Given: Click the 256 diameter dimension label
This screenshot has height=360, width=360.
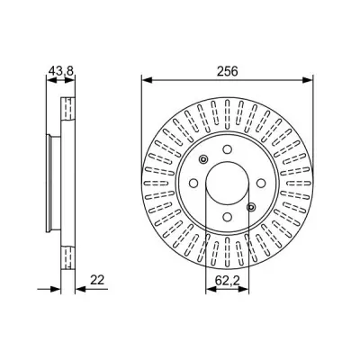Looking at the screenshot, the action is tap(227, 71).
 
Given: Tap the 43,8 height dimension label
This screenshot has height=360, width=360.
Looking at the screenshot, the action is tap(61, 71).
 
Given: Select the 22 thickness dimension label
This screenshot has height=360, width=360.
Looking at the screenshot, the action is tap(97, 280).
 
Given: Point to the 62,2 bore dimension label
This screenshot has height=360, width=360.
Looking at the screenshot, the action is tap(227, 281).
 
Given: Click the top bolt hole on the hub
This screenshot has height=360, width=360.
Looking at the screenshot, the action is tap(228, 149).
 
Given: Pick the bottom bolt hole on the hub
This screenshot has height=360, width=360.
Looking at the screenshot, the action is tap(228, 216).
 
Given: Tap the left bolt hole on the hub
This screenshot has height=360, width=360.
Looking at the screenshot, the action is tap(193, 183).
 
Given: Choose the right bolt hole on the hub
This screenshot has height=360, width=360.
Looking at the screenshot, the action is tap(261, 183).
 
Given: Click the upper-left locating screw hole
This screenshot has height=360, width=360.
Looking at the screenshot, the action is tap(203, 159).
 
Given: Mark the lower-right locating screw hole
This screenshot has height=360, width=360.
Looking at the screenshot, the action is tap(251, 206).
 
